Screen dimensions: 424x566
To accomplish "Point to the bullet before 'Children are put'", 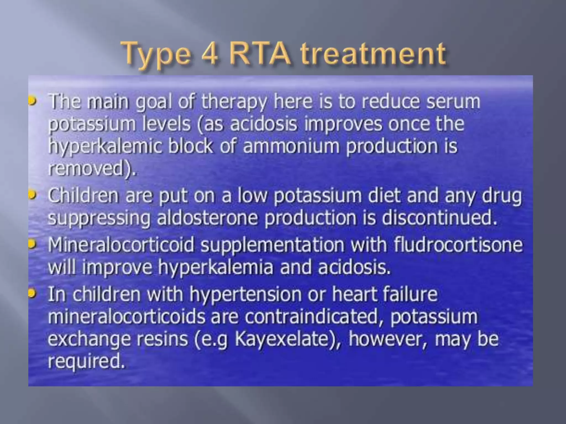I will pos(33,195).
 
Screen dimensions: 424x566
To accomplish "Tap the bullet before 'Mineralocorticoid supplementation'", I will pos(33,244).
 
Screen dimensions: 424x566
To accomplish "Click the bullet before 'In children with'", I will pos(33,294).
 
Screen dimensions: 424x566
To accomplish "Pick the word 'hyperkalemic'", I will pos(105,146).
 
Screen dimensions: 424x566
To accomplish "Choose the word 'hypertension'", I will pos(245,294).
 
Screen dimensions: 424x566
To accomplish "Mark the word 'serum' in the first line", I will pos(453,102).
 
